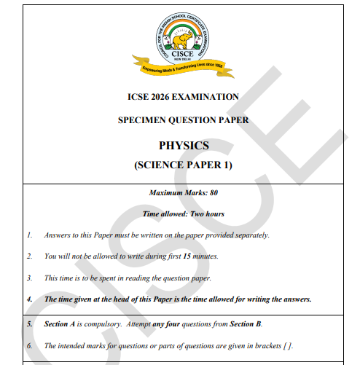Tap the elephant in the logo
tap(184, 36)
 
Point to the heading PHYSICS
tap(184, 145)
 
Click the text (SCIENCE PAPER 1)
tap(184, 165)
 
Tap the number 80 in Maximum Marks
tap(213, 193)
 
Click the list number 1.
tap(30, 235)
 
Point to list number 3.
tap(30, 278)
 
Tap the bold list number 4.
tap(30, 299)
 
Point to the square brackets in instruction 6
tap(289, 345)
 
